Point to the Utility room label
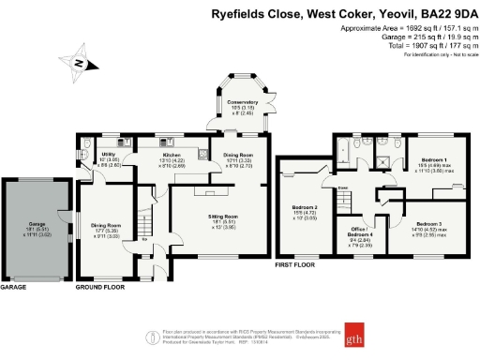tap(109, 155)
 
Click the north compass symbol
tap(82, 63)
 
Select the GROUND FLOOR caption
tap(100, 287)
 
